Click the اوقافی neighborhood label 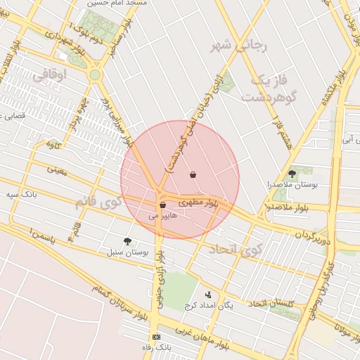pyautogui.click(x=50, y=72)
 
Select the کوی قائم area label pyautogui.click(x=98, y=202)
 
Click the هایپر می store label pyautogui.click(x=162, y=217)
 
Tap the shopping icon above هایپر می pyautogui.click(x=162, y=205)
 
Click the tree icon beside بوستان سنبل pyautogui.click(x=127, y=241)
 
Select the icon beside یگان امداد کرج pyautogui.click(x=207, y=295)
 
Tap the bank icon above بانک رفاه pyautogui.click(x=156, y=337)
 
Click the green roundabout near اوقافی pyautogui.click(x=94, y=74)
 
